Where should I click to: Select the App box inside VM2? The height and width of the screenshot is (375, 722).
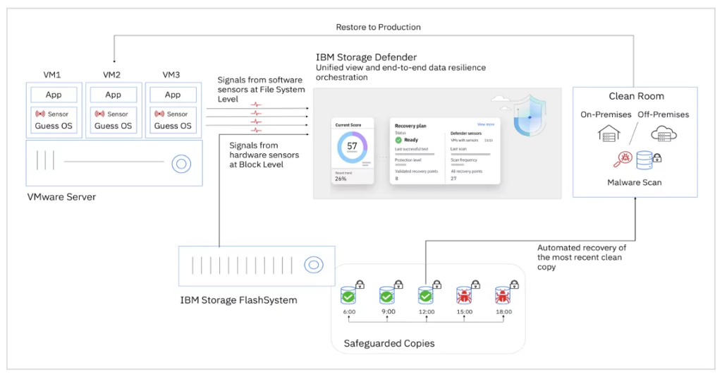113,95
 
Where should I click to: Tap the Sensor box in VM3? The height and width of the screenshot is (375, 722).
172,114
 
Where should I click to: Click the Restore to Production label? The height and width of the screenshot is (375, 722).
378,27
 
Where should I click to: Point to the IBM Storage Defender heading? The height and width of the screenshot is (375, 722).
366,57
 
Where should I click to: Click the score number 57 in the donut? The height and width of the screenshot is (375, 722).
352,146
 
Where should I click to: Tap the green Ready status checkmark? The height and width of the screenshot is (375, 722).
398,140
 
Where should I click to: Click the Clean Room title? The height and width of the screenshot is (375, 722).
636,96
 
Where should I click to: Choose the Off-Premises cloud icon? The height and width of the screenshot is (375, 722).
663,133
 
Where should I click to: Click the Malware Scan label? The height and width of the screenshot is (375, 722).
635,182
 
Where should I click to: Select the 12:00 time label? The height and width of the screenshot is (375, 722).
426,311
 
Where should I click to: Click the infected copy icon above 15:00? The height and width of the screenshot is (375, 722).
465,294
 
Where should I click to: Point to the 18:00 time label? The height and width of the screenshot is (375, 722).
504,311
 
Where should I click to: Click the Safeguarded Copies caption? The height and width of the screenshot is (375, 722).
388,344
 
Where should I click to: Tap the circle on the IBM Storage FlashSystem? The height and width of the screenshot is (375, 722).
313,265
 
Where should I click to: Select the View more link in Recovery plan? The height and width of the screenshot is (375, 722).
486,124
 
